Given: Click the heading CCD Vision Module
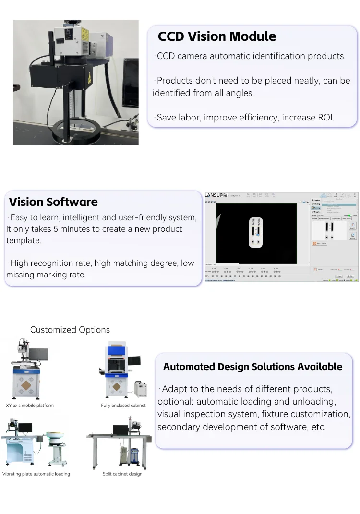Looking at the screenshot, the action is tap(217, 36).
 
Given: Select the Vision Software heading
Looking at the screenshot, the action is tap(53, 202).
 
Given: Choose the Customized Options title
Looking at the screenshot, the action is tap(70, 330).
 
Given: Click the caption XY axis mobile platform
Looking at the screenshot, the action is tap(30, 406).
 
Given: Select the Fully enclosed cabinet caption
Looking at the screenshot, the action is tap(123, 406).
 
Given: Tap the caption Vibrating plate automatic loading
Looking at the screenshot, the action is tap(36, 474).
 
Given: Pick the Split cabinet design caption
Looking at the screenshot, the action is tap(122, 474).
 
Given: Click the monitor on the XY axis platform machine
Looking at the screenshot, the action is tap(38, 355).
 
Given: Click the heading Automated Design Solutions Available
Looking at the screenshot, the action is tap(252, 367).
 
